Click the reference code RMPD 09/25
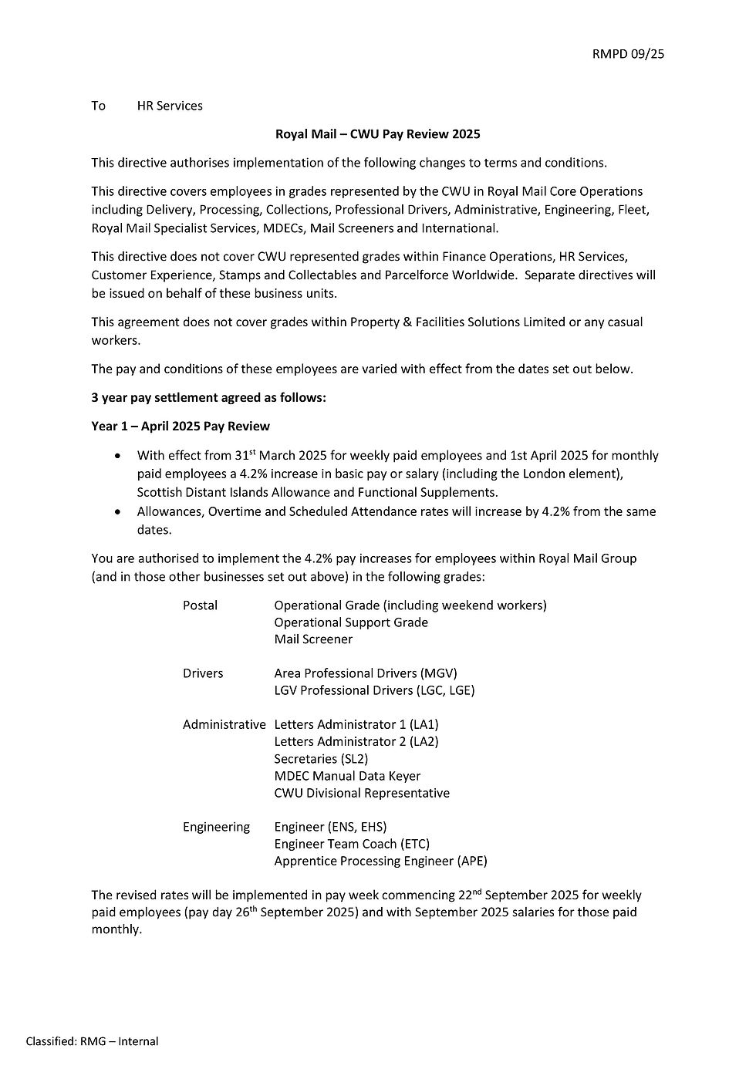tap(628, 53)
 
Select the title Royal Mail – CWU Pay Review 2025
tap(377, 134)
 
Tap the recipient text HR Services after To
tap(170, 106)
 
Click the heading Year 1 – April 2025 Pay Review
tap(181, 427)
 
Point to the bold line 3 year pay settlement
tap(208, 398)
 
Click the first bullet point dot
tap(117, 456)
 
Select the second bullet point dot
tap(117, 511)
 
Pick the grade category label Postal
tap(200, 605)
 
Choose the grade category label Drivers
tap(203, 673)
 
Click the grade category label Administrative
tap(224, 725)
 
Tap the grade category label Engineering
tap(216, 827)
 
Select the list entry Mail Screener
tap(313, 639)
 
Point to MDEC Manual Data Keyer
tap(347, 776)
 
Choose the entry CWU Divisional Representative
tap(362, 793)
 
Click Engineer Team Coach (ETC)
tap(352, 844)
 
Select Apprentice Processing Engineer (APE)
tap(380, 861)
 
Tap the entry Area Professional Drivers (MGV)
tap(365, 673)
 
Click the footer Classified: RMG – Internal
tap(92, 1041)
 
